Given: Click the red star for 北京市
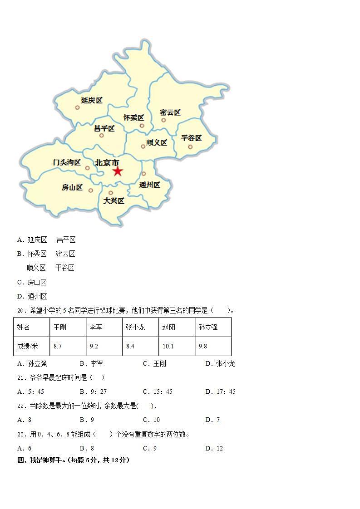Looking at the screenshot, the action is coord(118,171).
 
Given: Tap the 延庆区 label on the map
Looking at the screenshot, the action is coord(92,100).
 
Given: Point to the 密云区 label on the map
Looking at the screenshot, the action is coord(170,112).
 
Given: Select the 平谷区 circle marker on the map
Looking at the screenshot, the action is coord(190,147).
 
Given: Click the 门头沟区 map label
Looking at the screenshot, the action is coord(67,162).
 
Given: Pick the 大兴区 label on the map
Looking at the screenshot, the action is coord(113,201).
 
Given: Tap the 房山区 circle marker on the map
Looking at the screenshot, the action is coord(91,191).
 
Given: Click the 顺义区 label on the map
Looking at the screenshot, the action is coord(157,142).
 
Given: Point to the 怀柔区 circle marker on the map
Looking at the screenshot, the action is coord(142,126).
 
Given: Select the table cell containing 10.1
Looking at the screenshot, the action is coord(177,346).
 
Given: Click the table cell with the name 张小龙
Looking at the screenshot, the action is coord(140,327).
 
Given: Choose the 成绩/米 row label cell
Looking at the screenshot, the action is coord(32,346).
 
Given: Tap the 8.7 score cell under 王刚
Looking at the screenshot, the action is coord(68,346).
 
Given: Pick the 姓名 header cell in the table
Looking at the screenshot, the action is coord(32,327).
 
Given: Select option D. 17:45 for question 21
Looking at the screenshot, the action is coord(220,392).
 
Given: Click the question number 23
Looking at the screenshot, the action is coord(21,434).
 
